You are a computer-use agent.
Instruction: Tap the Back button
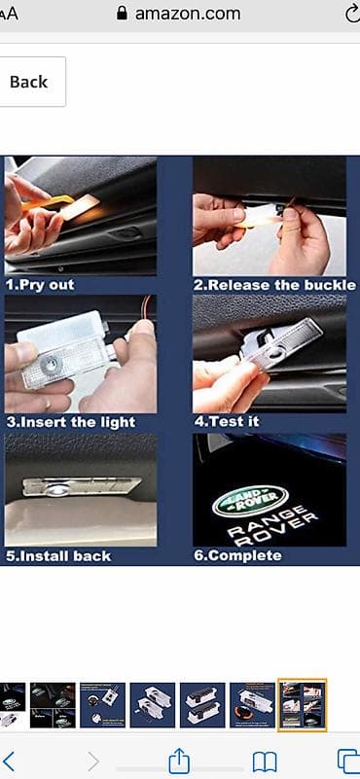tap(30, 82)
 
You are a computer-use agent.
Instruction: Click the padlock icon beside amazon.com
tap(122, 14)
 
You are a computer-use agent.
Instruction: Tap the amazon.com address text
tap(188, 14)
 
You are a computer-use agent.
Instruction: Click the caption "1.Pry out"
tap(40, 285)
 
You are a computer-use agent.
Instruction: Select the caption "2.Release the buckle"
tap(274, 285)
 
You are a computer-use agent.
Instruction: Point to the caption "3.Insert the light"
tap(71, 422)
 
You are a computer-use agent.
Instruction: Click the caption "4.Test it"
tap(227, 422)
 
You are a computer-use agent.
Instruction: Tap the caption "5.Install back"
tap(58, 556)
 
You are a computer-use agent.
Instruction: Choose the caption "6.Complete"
tap(237, 555)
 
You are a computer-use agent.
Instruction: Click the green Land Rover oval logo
tap(250, 500)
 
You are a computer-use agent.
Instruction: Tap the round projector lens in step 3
tap(49, 367)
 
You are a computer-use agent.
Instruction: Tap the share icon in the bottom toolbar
tap(179, 761)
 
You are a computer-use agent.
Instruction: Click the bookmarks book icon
tap(265, 761)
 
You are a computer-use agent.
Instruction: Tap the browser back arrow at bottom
tap(10, 761)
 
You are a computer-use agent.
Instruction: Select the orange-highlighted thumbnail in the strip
tap(302, 705)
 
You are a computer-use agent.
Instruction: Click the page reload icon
tap(353, 14)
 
